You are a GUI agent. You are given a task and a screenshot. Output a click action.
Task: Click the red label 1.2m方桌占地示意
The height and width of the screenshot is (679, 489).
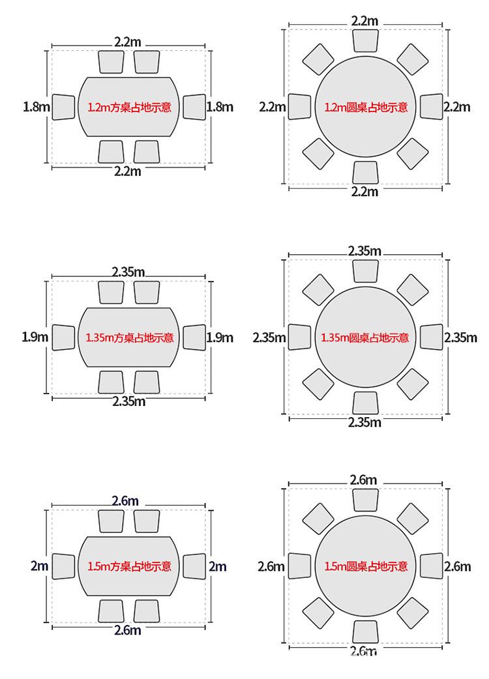pyautogui.click(x=130, y=107)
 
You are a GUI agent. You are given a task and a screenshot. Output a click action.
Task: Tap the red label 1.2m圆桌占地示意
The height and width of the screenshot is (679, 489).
pyautogui.click(x=366, y=107)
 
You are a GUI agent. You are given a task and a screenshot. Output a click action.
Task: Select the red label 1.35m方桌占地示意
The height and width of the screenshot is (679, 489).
pyautogui.click(x=130, y=338)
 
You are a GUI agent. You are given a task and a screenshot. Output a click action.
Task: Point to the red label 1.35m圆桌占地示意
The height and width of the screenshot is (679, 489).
pyautogui.click(x=364, y=338)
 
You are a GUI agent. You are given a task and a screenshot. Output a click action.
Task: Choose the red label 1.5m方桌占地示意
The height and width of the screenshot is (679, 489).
pyautogui.click(x=130, y=566)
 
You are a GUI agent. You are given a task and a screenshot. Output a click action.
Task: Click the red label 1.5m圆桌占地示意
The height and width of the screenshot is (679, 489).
pyautogui.click(x=366, y=566)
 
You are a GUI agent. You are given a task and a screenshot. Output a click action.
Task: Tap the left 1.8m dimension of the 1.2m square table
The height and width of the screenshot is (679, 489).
pyautogui.click(x=37, y=106)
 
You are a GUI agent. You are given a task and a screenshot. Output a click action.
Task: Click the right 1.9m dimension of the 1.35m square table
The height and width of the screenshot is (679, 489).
pyautogui.click(x=220, y=338)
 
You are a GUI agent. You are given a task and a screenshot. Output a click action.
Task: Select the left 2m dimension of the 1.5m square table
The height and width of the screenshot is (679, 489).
pyautogui.click(x=39, y=566)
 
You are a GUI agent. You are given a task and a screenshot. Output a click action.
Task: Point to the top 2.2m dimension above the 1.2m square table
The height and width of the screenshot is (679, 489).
pyautogui.click(x=128, y=42)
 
